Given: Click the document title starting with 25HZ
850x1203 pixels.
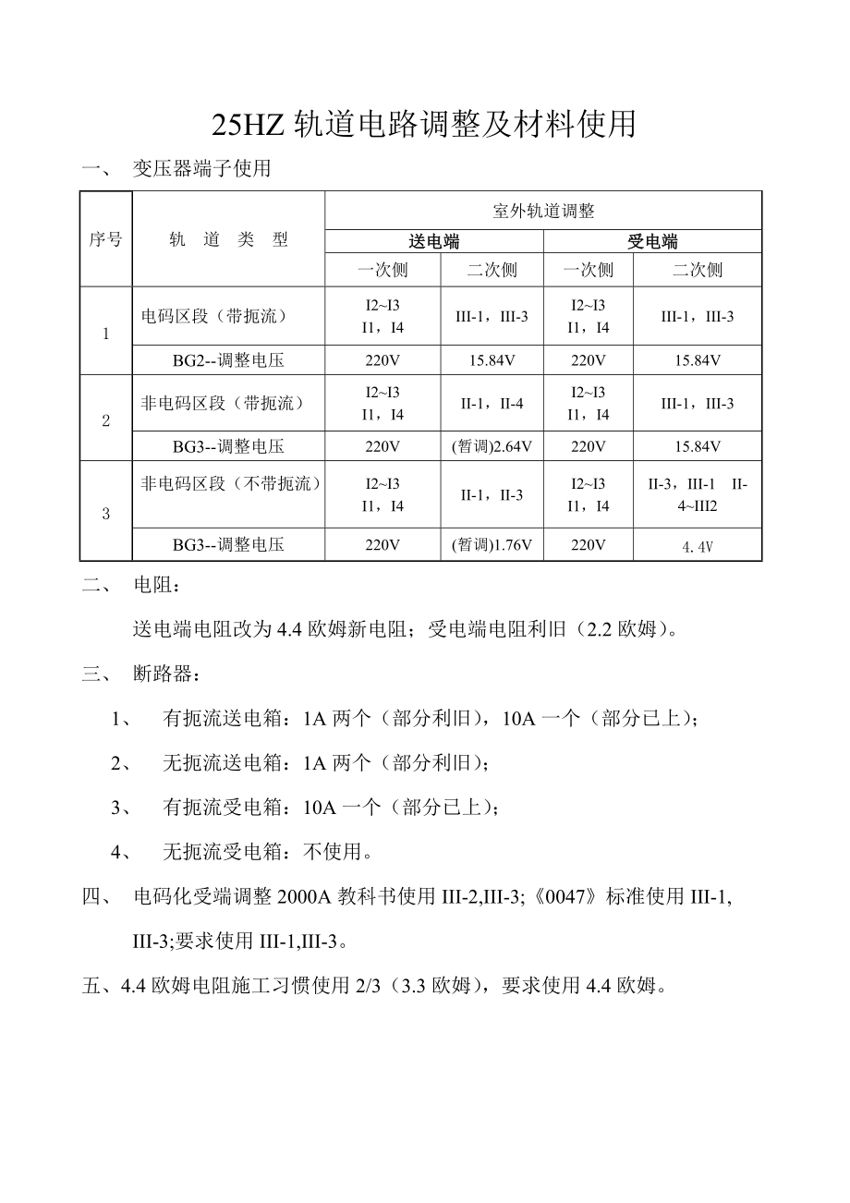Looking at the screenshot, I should [424, 124].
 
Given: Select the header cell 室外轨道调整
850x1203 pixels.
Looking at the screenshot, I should [543, 211].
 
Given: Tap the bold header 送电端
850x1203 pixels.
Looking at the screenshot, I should [434, 242].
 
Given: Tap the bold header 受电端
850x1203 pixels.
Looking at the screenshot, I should [652, 242].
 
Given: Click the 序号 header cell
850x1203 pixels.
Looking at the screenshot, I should [105, 239].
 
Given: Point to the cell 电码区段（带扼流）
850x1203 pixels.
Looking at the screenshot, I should [214, 316].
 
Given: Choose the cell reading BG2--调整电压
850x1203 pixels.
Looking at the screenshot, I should [228, 360].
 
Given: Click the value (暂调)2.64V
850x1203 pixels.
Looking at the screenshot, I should [492, 447].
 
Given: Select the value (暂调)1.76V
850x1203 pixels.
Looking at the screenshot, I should [492, 545].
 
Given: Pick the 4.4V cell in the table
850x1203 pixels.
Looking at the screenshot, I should [698, 546].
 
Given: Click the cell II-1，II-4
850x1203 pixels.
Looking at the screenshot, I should [492, 403].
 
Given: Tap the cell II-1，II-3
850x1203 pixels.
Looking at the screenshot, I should [492, 495].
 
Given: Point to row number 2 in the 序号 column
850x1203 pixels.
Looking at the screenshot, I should [105, 421].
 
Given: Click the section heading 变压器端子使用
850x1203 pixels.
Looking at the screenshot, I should [202, 169].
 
